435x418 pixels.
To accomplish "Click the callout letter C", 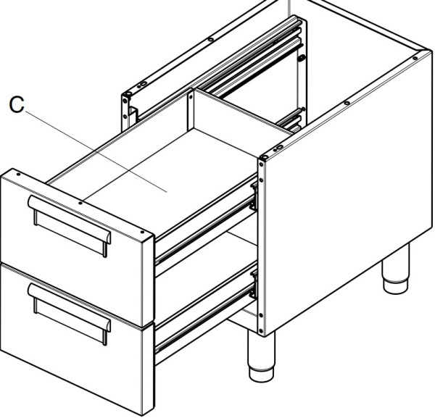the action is pos(17,104).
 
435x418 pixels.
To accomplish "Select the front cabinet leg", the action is pos(261,356).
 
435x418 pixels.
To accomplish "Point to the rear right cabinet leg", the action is pos(395,269).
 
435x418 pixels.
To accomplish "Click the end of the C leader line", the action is pos(167,192).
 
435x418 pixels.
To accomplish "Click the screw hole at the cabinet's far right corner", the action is pos(415,58).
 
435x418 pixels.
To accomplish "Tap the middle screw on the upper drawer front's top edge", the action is pos(80,203).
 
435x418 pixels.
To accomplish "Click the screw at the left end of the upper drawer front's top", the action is pos(18,175).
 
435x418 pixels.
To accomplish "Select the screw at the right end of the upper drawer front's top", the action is pos(142,232).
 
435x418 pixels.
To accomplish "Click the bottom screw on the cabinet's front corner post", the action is pos(260,330).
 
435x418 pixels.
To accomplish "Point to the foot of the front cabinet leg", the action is pos(261,375).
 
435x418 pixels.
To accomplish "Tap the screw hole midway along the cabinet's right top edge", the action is pos(347,103).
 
